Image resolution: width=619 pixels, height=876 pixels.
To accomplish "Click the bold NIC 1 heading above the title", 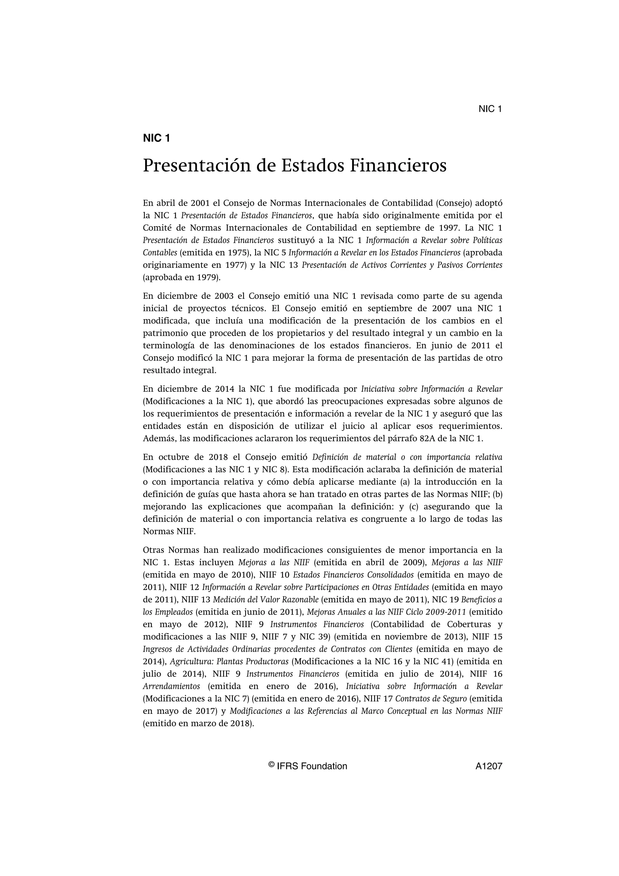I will pyautogui.click(x=156, y=138).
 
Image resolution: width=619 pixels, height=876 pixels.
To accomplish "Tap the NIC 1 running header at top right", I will pyautogui.click(x=490, y=109).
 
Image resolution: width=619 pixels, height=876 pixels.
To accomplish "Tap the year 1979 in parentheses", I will pyautogui.click(x=207, y=277).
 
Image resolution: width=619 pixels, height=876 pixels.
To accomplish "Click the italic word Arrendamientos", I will pyautogui.click(x=171, y=686).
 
